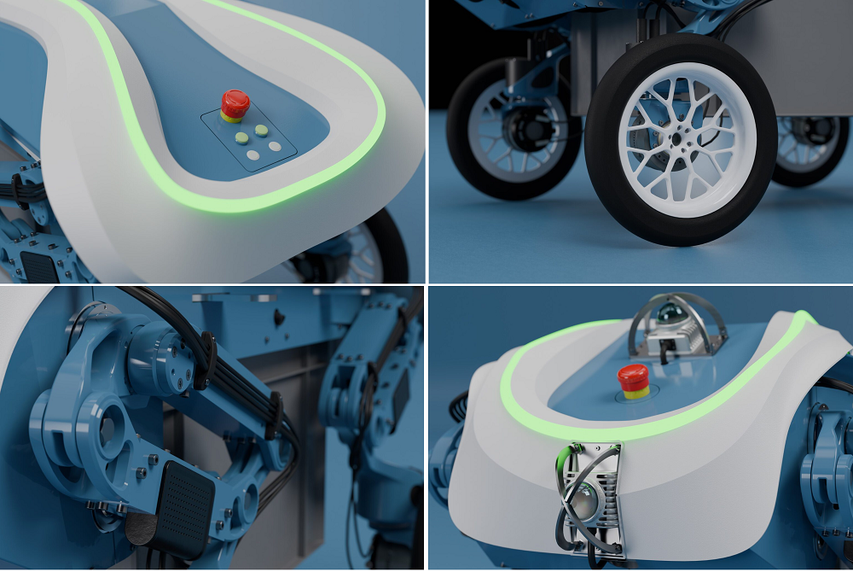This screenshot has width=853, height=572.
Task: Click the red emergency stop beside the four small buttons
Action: [235, 104]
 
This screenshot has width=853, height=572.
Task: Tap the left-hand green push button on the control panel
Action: [241, 137]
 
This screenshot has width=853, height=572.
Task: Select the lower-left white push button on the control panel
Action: [253, 155]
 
